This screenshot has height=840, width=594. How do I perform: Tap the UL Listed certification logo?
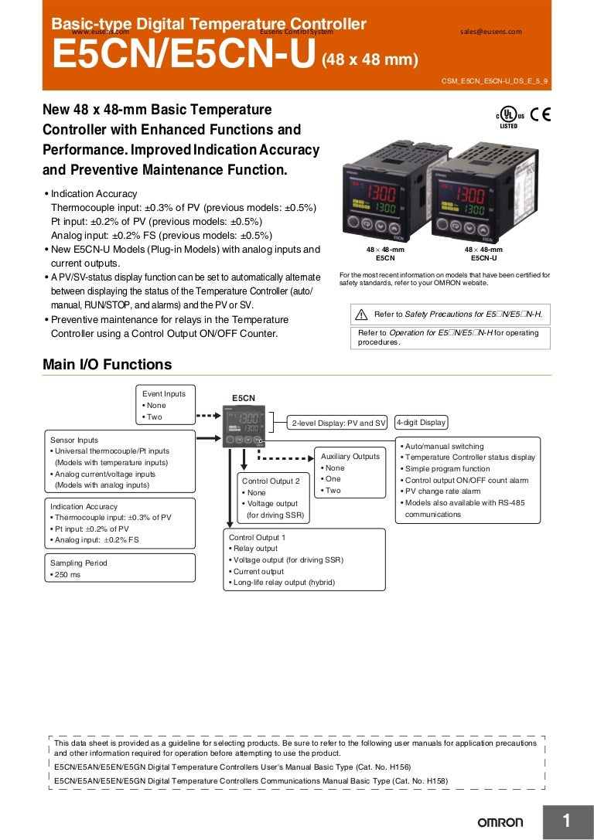tap(508, 117)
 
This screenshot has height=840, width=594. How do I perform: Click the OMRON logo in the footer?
tap(500, 822)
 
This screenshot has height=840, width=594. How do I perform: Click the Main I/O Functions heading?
tap(107, 365)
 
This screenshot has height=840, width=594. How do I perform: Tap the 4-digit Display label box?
tap(421, 423)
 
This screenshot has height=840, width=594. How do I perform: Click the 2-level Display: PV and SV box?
tap(338, 423)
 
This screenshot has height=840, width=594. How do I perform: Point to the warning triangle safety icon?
tap(361, 315)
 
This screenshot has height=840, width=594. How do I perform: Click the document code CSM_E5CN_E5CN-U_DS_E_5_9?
tap(494, 80)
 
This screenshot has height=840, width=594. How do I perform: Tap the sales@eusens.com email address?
tap(490, 32)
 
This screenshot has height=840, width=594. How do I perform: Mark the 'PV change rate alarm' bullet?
tap(443, 491)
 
